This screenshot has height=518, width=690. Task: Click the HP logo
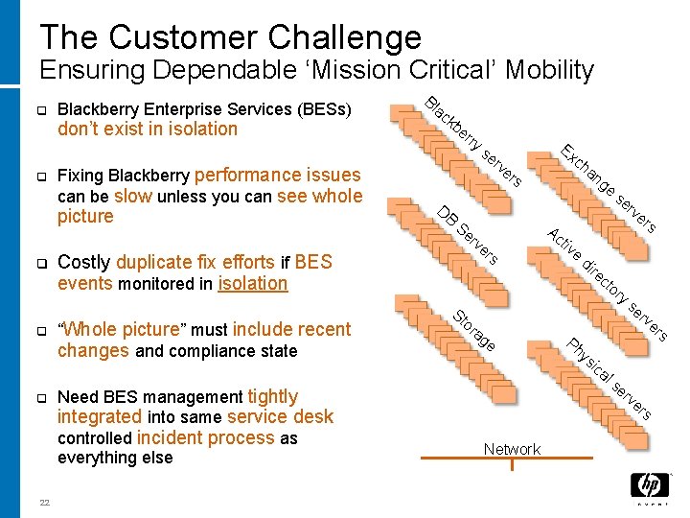[x=650, y=486]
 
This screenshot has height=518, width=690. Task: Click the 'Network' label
[x=512, y=449]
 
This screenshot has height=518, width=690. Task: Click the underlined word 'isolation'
[x=253, y=283]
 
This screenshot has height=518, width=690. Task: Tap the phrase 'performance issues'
[x=277, y=175]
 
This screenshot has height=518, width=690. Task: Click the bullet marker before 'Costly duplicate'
[x=42, y=263]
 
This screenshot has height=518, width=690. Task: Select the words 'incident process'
[x=205, y=437]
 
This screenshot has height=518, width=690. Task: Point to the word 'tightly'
[x=272, y=396]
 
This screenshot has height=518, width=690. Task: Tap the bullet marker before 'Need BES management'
[x=42, y=398]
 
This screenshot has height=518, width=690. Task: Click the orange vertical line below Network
[x=513, y=464]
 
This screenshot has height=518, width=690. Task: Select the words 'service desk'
[x=287, y=416]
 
